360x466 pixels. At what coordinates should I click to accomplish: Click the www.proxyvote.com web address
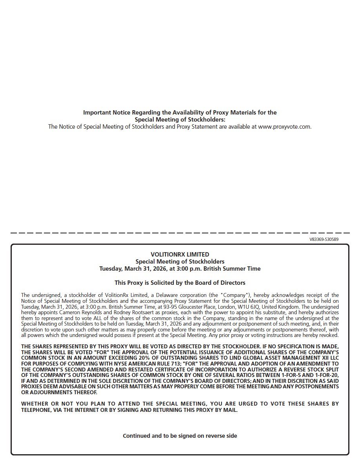click(x=284, y=127)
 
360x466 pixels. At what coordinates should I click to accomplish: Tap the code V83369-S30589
click(x=324, y=239)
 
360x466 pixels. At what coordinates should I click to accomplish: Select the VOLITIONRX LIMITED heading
click(x=180, y=254)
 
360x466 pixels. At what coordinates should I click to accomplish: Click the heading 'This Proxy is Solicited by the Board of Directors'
click(x=180, y=282)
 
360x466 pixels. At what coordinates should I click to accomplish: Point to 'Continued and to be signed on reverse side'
click(x=180, y=435)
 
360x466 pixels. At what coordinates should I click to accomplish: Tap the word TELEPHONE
click(x=37, y=410)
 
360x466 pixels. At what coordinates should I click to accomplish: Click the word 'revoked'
click(x=329, y=335)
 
